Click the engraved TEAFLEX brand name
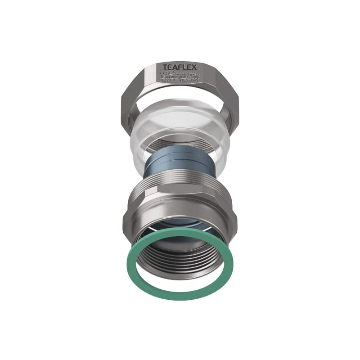pos(180,67)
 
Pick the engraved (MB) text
pos(184,77)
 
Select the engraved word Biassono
pos(169,77)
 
